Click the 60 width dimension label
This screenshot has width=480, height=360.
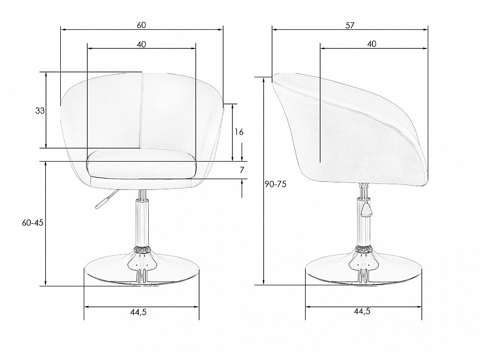141,25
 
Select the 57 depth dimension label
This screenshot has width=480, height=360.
349,26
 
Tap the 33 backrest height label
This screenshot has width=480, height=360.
40,111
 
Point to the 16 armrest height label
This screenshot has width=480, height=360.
239,132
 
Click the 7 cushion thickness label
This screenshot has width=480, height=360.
242,170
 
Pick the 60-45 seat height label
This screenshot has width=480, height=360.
33,223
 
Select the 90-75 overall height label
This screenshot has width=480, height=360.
276,184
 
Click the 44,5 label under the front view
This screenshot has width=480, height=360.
138,312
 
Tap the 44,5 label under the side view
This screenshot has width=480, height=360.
362,311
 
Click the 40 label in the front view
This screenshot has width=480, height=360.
141,44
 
